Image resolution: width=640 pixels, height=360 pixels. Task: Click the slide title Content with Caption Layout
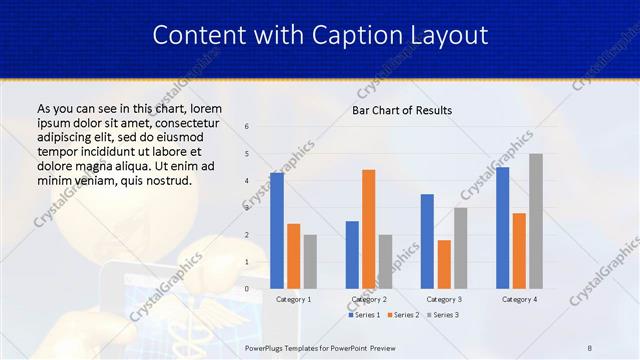(x=320, y=36)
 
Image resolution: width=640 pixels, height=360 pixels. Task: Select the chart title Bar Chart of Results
(x=402, y=110)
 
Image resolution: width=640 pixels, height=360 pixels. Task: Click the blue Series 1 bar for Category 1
(x=276, y=231)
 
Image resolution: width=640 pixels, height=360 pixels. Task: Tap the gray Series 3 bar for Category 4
(x=536, y=221)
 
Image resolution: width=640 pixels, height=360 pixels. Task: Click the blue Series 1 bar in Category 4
(x=502, y=228)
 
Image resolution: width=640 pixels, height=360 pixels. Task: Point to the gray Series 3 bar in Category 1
(x=310, y=261)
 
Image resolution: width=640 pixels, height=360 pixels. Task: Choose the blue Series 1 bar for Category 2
(x=352, y=255)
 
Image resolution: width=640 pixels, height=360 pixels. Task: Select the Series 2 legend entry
(x=403, y=315)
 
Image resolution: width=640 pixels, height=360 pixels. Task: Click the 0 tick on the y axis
(x=247, y=289)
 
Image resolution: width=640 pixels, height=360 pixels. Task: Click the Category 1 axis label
(x=293, y=299)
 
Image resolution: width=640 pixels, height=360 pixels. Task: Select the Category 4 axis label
(x=519, y=299)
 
